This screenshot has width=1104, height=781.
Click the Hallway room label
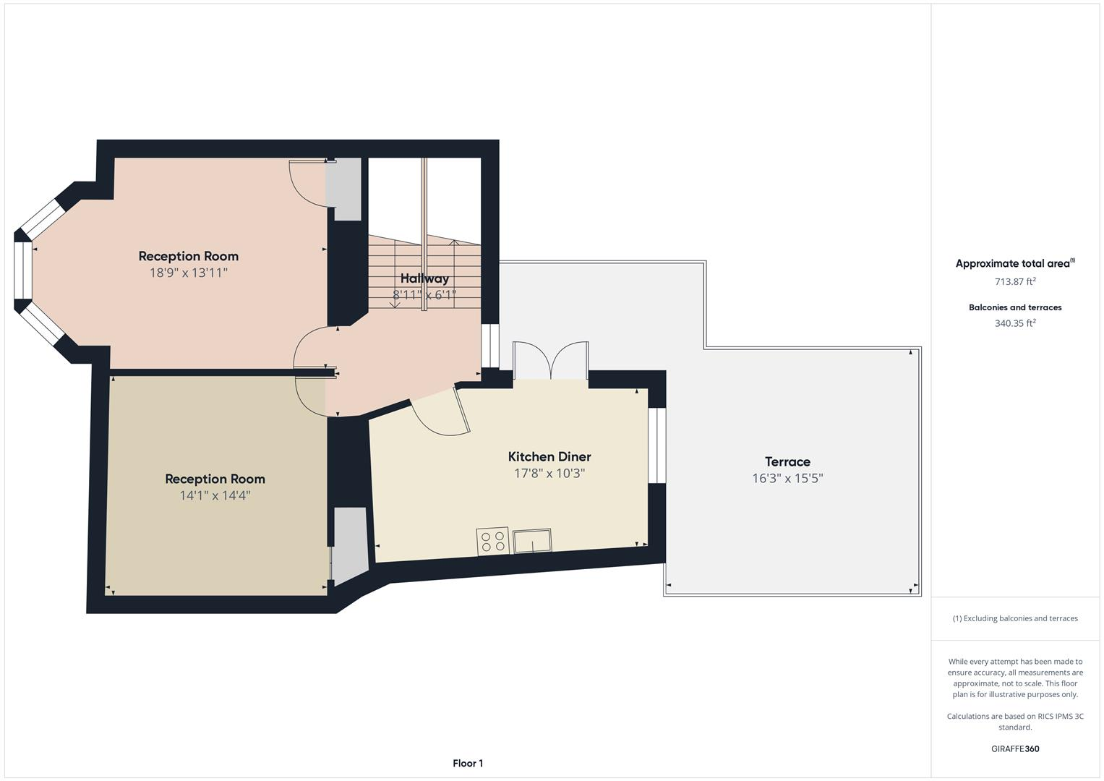point(424,278)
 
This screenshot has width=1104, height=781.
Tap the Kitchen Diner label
point(549,456)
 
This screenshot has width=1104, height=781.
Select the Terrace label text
point(787,461)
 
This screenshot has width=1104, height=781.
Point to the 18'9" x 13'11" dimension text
point(189,273)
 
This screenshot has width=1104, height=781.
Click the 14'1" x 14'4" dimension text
point(215,495)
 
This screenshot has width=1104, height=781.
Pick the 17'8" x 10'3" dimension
point(549,474)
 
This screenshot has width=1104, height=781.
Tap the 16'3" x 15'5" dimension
point(787,478)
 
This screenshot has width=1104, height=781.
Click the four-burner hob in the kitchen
point(492,542)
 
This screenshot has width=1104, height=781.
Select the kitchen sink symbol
point(532,540)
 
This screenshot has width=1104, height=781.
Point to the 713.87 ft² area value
point(1015,281)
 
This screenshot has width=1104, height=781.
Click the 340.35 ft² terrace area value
point(1015,323)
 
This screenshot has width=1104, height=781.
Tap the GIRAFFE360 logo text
point(1015,748)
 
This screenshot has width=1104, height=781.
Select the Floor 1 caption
point(468,763)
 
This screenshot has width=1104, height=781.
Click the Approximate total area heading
point(1014,263)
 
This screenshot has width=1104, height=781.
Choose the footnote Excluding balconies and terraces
point(1015,618)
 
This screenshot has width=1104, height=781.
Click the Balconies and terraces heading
point(1015,307)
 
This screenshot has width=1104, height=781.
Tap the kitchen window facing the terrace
point(656,445)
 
